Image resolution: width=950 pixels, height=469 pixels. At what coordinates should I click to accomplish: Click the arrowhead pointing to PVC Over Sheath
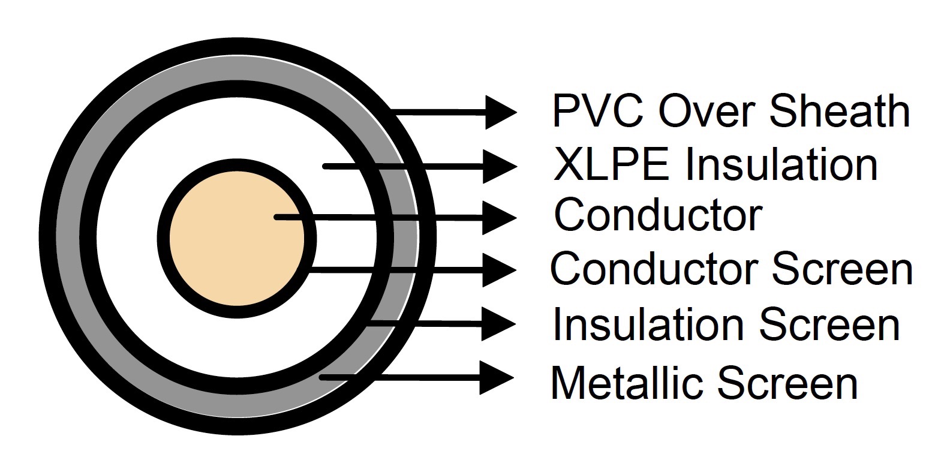500,112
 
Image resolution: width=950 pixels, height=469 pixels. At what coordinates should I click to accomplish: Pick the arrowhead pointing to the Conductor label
500,218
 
